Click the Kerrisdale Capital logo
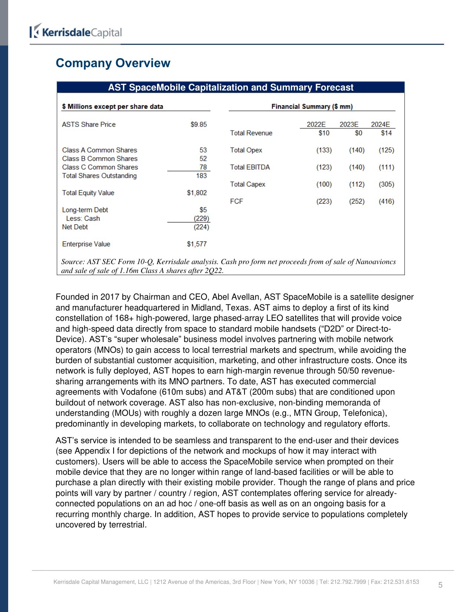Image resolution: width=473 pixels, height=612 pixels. [x=76, y=32]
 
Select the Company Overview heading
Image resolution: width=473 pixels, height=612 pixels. [x=113, y=63]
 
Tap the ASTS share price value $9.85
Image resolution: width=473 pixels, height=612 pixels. [x=198, y=125]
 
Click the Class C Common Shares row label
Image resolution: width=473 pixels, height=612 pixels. [x=100, y=167]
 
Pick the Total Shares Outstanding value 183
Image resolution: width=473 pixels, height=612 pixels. [x=201, y=176]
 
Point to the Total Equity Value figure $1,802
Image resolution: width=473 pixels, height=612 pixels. [x=197, y=193]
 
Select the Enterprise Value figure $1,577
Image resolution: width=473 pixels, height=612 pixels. [x=197, y=244]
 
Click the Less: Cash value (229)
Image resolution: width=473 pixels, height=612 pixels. [x=201, y=218]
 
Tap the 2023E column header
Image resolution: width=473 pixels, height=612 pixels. [x=349, y=125]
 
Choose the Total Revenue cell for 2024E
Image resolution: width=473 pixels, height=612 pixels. [x=386, y=133]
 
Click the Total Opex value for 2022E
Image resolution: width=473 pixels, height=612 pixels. [x=324, y=150]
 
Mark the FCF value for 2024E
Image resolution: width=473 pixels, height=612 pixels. [x=386, y=201]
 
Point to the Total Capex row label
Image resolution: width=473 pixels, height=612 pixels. [x=247, y=184]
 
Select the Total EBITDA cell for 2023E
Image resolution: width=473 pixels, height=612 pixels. [x=357, y=167]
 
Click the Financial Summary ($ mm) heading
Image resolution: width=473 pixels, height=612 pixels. [x=312, y=107]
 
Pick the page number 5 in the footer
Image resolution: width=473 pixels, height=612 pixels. [x=440, y=585]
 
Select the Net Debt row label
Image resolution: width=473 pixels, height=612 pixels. [x=75, y=227]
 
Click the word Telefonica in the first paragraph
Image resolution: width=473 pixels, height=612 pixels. [x=363, y=413]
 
